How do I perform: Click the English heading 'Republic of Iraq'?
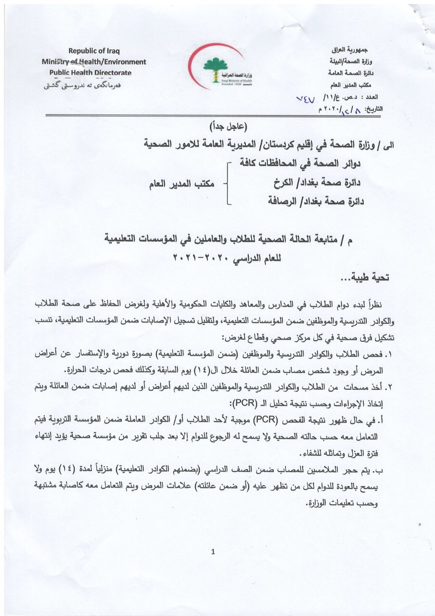click(94, 51)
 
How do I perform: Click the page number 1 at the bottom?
click(212, 552)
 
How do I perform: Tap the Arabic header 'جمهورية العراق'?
click(353, 50)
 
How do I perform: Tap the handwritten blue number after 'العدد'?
click(307, 99)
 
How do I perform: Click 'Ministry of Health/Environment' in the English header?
click(94, 62)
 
